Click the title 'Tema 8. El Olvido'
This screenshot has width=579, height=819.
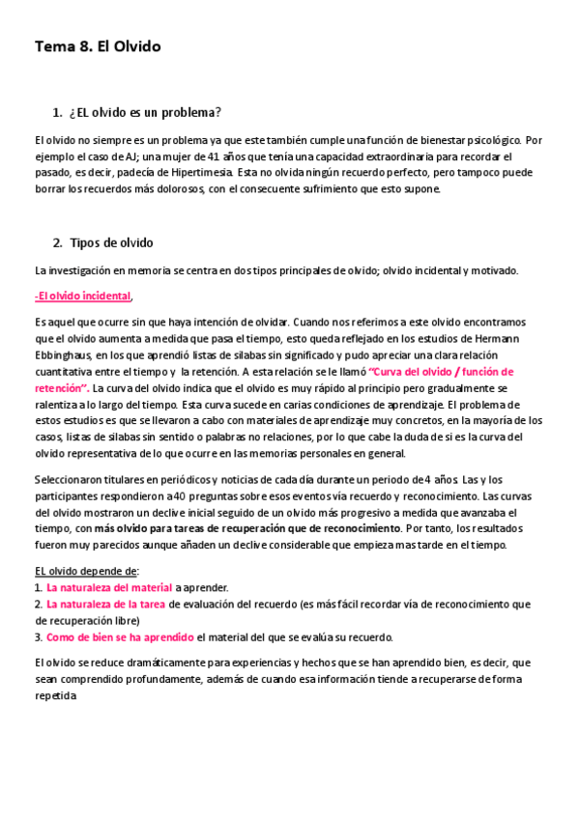click(98, 46)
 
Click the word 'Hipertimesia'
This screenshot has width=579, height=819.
click(199, 172)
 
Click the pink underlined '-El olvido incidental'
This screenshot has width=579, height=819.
click(82, 296)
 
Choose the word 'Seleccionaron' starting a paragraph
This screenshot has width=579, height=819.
click(73, 479)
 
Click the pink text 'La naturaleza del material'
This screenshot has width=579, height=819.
click(108, 587)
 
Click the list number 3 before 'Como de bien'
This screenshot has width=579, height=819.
click(38, 637)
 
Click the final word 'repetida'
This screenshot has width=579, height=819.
click(55, 695)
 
